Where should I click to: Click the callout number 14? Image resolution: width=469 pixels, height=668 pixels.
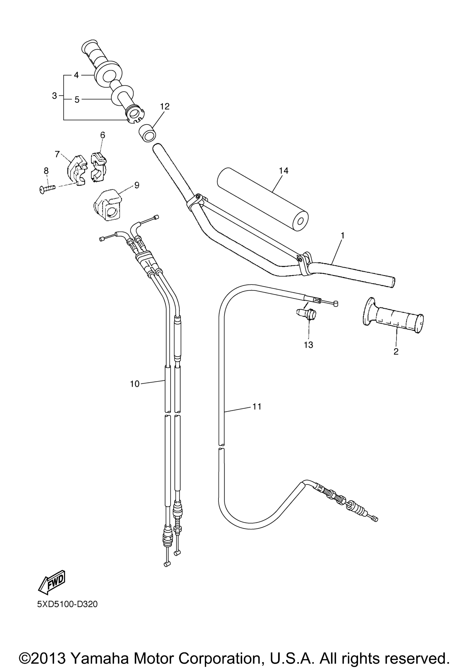pos(284,171)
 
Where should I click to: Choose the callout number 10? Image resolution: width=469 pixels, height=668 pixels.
pos(135,384)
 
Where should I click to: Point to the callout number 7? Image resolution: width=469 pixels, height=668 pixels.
pos(57,154)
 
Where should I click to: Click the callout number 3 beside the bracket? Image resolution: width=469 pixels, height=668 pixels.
pos(54,96)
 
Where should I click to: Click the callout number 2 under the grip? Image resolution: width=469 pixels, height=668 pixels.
pos(396,351)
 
